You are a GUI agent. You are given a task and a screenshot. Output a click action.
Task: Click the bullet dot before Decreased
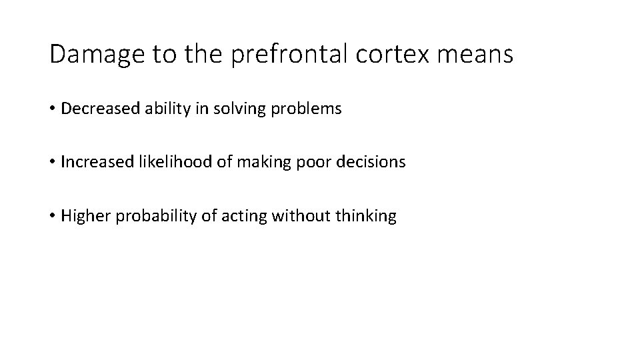point(52,109)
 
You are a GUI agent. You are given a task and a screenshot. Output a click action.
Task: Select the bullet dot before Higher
point(52,217)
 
